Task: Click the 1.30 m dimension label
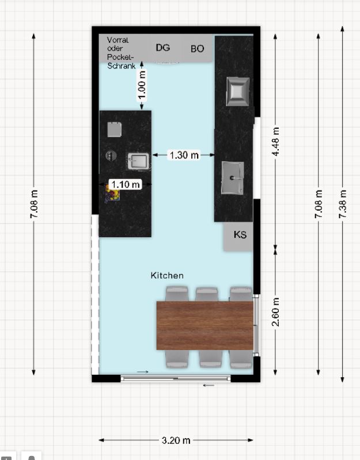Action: pos(184,155)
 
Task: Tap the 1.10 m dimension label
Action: pos(126,185)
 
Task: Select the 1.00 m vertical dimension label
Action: pos(142,85)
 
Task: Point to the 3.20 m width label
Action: pos(176,440)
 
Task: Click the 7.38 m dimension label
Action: pos(343,204)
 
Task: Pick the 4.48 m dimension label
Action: pos(275,142)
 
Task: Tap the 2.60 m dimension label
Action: pos(275,312)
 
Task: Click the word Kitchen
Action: pos(167,275)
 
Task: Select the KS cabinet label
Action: pos(240,235)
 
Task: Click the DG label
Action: pos(163,48)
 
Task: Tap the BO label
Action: pos(197,49)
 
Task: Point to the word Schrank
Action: pos(121,66)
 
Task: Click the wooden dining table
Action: pos(205,325)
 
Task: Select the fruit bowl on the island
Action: pos(112,194)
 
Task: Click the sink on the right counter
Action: pos(233,178)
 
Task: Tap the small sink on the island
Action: pos(138,161)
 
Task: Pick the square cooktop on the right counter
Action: pos(238,92)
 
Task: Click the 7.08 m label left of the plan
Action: pos(34,204)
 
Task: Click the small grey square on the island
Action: pos(115,130)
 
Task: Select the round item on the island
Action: pos(111,155)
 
